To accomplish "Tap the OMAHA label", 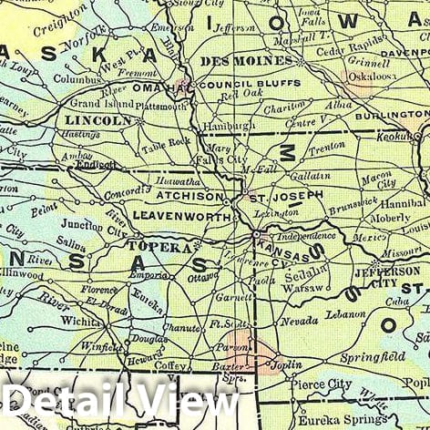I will (151, 88).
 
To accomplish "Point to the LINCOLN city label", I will (100, 120).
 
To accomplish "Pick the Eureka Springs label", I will (334, 420).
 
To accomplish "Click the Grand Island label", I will (96, 103).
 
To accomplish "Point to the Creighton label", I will (61, 20).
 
